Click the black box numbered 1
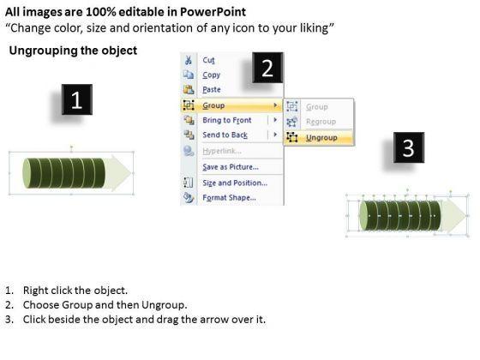coord(77,99)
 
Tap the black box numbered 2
coord(267,68)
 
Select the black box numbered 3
coord(409,147)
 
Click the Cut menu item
coord(208,60)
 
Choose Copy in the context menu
coord(211,75)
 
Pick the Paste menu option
coord(211,89)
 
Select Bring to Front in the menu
coord(227,120)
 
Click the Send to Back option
coord(225,135)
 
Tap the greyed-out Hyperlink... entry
coord(222,151)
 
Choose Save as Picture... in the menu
coord(231,167)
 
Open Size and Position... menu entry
coord(235,183)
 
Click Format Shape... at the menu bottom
coord(230,197)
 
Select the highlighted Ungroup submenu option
coord(321,138)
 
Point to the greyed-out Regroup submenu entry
coord(321,122)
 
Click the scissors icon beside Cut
coord(189,60)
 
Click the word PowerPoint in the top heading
coord(213,12)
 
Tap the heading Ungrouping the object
coord(73,51)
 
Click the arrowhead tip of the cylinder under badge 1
coord(132,173)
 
